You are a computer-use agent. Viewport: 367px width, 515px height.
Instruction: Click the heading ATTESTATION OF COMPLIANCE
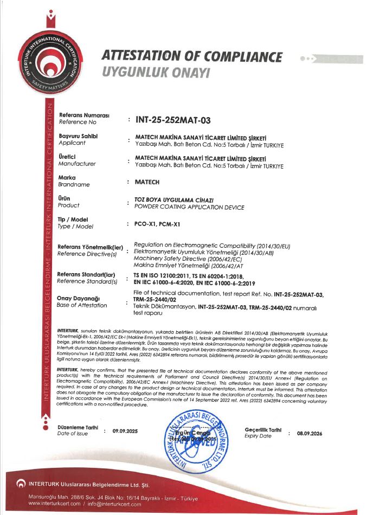pos(192,57)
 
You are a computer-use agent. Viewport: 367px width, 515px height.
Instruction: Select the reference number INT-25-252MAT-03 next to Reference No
pos(172,119)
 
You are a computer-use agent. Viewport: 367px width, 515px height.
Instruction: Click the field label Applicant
pos(72,143)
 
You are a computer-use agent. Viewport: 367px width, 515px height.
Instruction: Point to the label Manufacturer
pos(77,163)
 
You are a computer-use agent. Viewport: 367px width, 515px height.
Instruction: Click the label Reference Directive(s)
pos(87,254)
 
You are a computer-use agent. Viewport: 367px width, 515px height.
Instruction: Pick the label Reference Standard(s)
pos(87,281)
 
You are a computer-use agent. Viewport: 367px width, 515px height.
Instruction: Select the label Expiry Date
pos(258,436)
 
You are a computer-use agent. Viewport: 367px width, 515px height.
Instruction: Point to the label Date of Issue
pos(72,434)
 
